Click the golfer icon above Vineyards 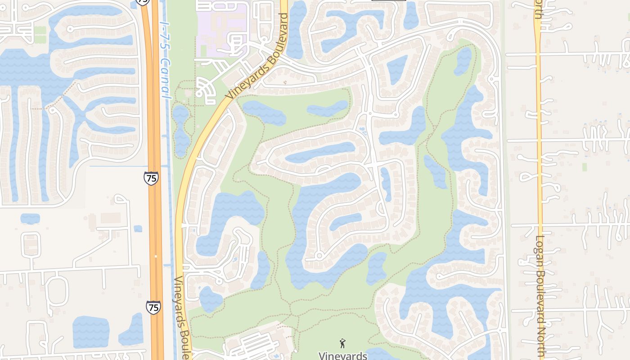tap(342, 343)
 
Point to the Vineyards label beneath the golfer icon tap(342, 355)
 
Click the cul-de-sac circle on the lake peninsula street tap(319, 256)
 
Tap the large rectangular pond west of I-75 tap(91, 332)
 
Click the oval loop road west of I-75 tap(58, 290)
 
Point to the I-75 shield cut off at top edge tap(143, 2)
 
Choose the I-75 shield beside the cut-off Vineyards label tap(153, 307)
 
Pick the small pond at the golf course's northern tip tap(463, 60)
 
